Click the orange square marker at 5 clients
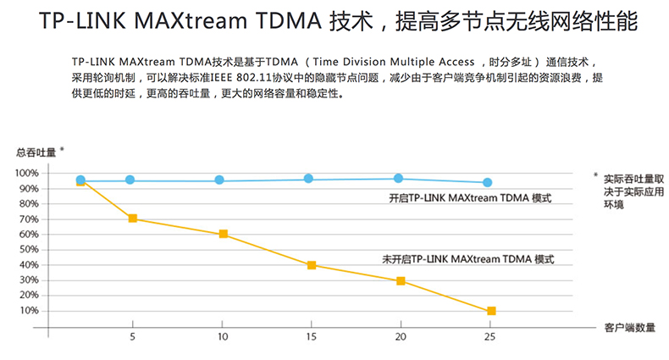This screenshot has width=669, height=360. click(x=132, y=219)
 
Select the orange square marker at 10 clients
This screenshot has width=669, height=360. click(x=224, y=234)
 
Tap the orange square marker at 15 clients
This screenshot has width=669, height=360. click(x=312, y=265)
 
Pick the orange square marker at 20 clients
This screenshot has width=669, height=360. click(x=401, y=280)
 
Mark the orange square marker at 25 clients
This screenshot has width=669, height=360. click(x=491, y=311)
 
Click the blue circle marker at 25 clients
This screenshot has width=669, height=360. click(x=487, y=182)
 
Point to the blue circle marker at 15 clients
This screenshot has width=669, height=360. click(x=308, y=179)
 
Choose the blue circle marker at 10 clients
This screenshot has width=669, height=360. click(x=219, y=180)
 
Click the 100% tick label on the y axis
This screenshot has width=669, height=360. click(x=26, y=173)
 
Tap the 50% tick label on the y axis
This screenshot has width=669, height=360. click(x=28, y=249)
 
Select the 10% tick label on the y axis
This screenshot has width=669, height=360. click(x=28, y=310)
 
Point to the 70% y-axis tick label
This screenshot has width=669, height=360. click(x=28, y=219)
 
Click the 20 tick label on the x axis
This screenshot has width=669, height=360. click(x=399, y=336)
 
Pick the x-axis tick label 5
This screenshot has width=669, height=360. click(x=132, y=336)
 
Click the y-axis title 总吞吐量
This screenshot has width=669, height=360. click(x=36, y=152)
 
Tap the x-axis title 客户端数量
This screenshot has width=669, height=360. click(x=629, y=326)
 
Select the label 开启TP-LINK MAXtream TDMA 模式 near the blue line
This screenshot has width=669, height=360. click(x=468, y=198)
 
